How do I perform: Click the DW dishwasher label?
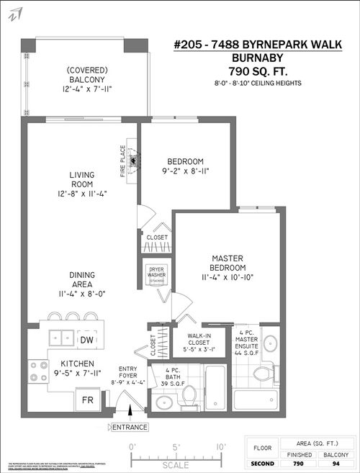86,340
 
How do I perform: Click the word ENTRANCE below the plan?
129,427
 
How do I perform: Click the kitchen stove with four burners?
36,371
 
